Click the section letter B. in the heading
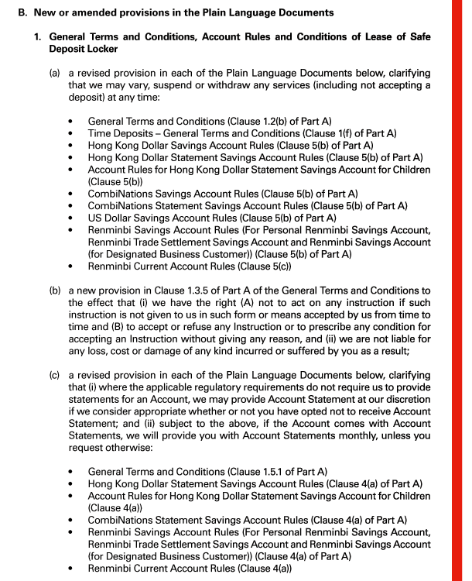pos(21,13)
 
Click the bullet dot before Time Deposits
pos(71,133)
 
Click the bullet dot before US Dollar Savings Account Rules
pos(71,218)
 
